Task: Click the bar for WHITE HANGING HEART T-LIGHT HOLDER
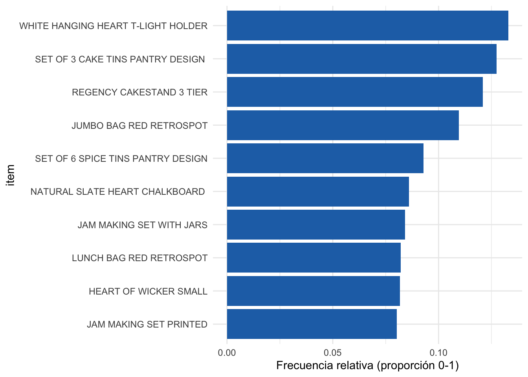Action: click(x=367, y=26)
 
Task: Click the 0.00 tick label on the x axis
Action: click(x=227, y=352)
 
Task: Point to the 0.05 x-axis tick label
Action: click(x=333, y=352)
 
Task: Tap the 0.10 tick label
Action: click(x=438, y=352)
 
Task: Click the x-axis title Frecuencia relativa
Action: click(x=367, y=366)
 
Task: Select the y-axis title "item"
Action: click(x=10, y=175)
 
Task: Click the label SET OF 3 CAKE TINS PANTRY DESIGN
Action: click(x=120, y=59)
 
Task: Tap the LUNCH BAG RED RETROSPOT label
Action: click(x=139, y=258)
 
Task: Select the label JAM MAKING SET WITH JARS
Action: click(x=142, y=225)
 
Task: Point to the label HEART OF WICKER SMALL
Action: click(x=148, y=291)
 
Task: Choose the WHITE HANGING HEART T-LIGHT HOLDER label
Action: click(x=113, y=26)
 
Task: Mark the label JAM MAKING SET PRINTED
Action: click(x=147, y=324)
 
